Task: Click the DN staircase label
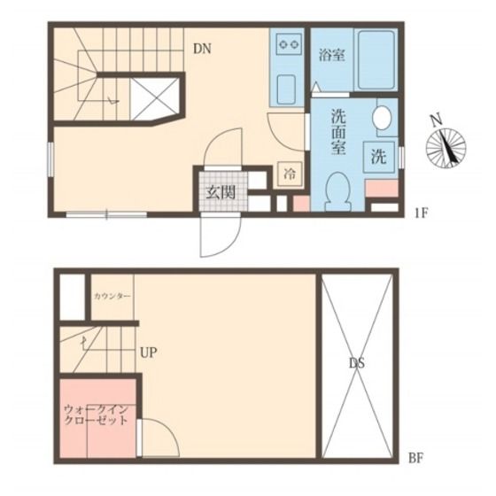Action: point(202,49)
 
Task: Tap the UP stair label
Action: point(149,353)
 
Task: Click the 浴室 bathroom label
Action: point(331,55)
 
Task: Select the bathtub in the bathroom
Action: point(376,60)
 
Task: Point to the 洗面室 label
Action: point(338,132)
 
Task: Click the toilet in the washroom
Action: point(337,191)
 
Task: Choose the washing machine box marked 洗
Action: point(379,157)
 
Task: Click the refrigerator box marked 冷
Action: point(290,174)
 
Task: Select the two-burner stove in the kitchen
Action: point(288,43)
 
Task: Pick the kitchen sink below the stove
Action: point(287,89)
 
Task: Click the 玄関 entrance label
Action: point(221,192)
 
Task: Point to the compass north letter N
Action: point(436,120)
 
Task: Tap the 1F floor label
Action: point(421,213)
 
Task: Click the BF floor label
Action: point(415,458)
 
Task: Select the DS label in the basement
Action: point(357,363)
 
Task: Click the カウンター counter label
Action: point(112,297)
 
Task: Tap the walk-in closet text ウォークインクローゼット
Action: point(97,415)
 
